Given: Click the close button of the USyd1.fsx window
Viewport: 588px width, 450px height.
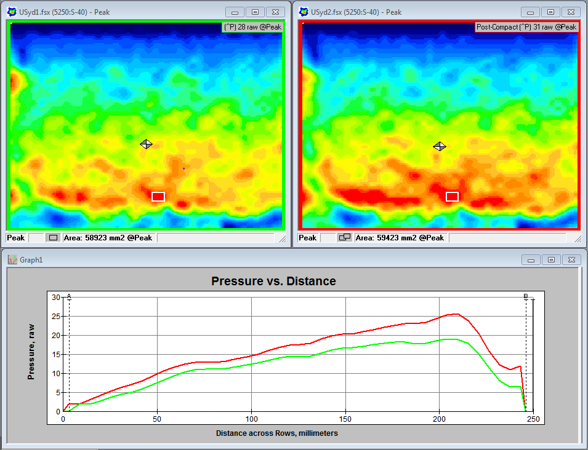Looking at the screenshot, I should [x=278, y=12].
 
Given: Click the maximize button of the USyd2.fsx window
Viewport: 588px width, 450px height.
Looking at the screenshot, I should [x=550, y=12].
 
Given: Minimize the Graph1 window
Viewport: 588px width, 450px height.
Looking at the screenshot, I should [x=530, y=259].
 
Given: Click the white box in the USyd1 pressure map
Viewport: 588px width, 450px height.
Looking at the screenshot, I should [x=158, y=197].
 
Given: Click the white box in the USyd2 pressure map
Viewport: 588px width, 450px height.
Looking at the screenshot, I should [x=453, y=197].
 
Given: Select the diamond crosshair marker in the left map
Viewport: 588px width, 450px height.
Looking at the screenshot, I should [x=146, y=144].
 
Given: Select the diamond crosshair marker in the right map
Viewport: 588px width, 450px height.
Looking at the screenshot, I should [x=439, y=146].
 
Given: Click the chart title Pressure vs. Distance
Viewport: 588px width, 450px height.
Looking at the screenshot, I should [x=273, y=281].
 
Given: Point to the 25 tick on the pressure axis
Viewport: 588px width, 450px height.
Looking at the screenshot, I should [x=56, y=317].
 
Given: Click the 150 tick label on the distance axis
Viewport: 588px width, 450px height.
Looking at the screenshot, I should [x=345, y=419].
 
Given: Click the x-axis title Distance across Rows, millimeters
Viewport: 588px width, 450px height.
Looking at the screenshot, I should [x=276, y=433].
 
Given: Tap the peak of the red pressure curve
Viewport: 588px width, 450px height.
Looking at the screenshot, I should [x=454, y=314].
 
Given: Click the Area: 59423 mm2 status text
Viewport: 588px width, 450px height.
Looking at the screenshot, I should [x=400, y=237].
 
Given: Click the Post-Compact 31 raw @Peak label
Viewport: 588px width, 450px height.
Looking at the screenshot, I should [x=526, y=27].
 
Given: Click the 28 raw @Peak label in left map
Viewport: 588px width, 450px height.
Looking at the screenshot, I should [x=252, y=27].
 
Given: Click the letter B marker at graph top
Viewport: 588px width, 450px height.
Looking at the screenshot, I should [x=526, y=297].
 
